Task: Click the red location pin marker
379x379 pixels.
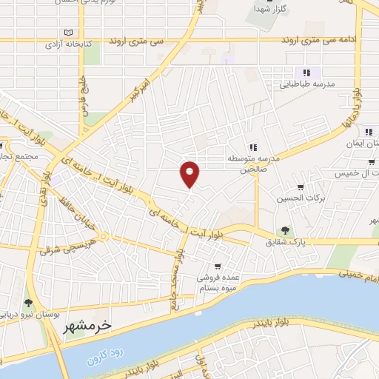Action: point(189,173)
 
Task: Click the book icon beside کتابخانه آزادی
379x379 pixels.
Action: point(69,33)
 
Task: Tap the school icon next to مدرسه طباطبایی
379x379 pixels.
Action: point(305,73)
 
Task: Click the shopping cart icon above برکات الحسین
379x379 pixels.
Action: point(300,187)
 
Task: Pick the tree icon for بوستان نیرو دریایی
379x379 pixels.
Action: point(27,303)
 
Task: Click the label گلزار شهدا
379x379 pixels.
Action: point(269,9)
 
